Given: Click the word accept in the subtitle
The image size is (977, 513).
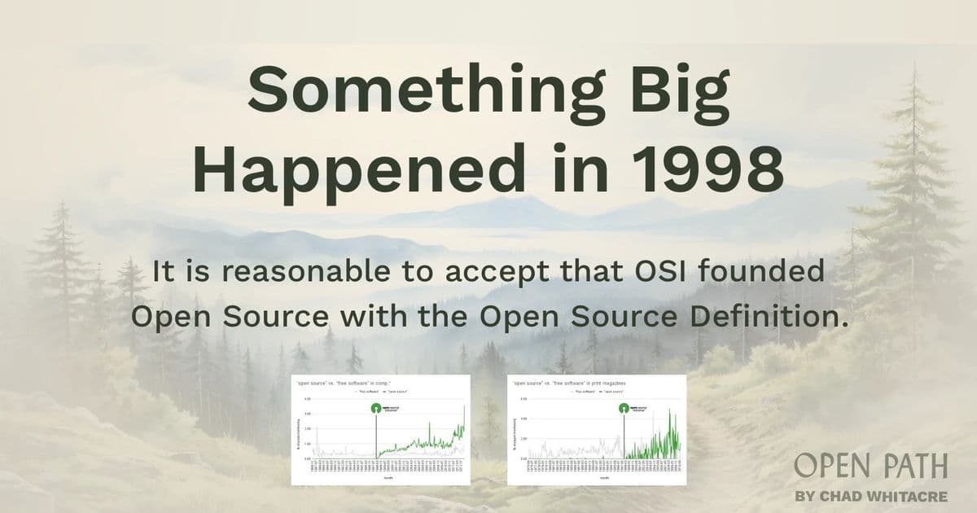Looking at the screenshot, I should point(511,270).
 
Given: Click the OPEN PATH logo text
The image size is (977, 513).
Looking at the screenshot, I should point(870,467).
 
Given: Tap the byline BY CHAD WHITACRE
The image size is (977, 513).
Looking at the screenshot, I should point(870,495).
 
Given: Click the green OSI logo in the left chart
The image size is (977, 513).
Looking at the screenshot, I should point(375,409).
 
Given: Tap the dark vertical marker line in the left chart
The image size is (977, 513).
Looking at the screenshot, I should point(375,440).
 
